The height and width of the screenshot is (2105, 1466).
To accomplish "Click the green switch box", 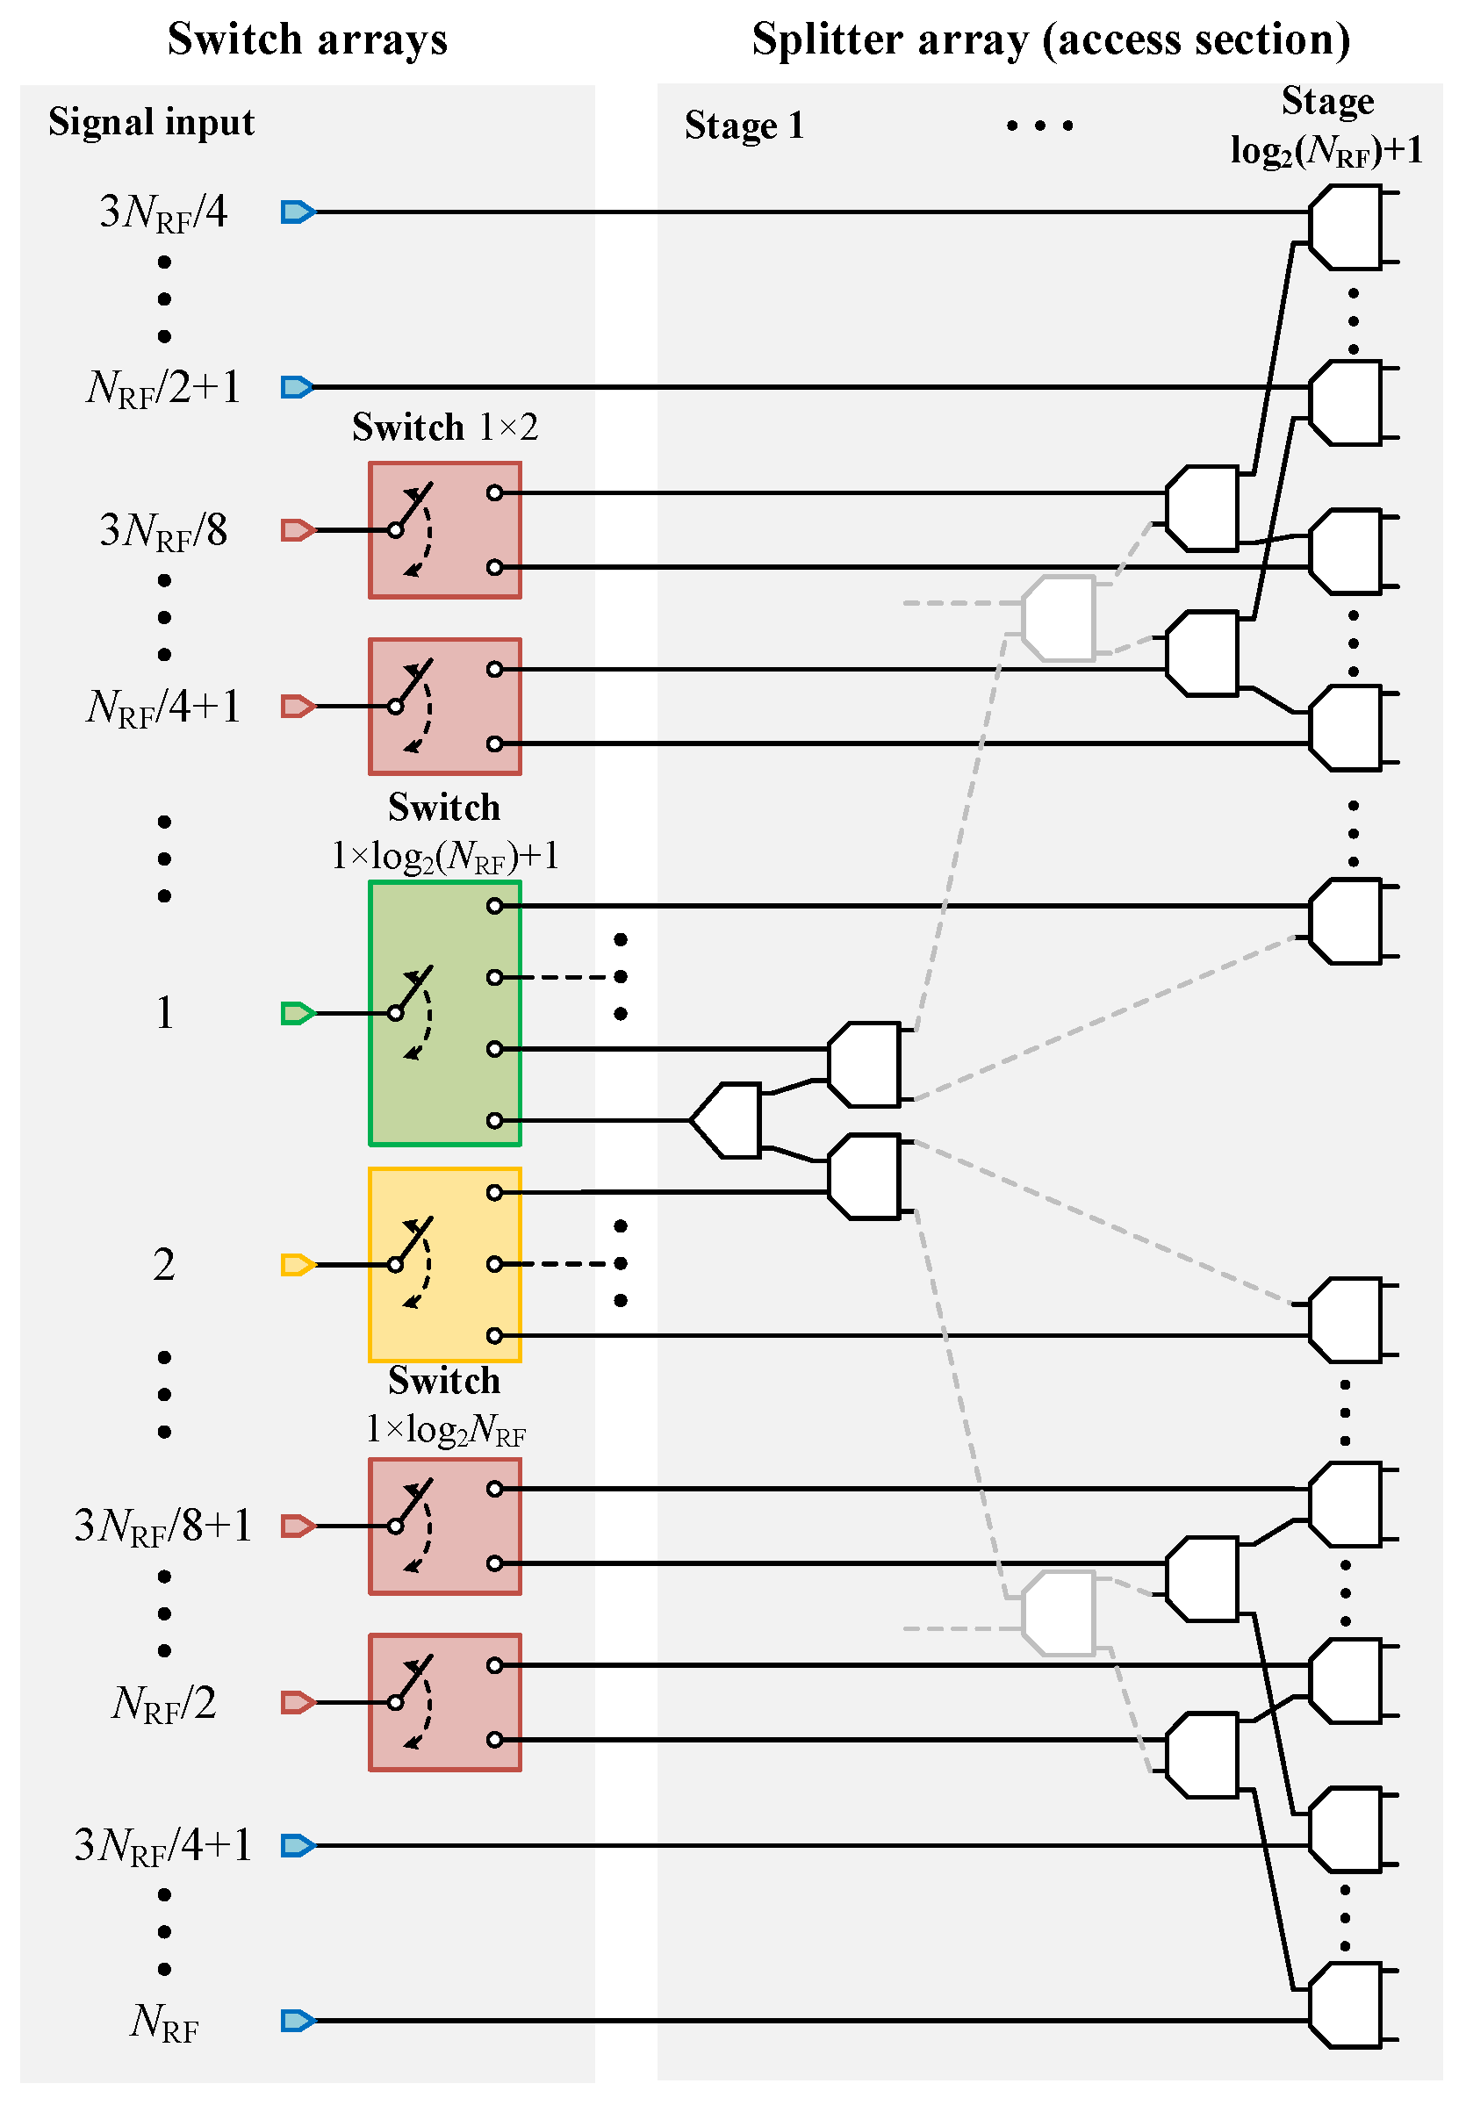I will click(445, 1013).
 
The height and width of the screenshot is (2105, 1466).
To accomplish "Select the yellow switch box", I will click(445, 1264).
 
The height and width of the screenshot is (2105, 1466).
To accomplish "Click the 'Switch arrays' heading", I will click(307, 40).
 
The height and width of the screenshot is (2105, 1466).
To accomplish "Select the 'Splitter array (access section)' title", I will click(1051, 40).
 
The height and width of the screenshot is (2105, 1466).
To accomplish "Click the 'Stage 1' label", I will click(744, 126).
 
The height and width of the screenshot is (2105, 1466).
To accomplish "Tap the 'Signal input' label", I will click(151, 122).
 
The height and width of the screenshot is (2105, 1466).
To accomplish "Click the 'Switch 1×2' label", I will click(445, 427).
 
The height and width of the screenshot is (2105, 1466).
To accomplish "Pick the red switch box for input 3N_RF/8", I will click(445, 530).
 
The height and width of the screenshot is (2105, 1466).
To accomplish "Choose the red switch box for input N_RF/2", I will click(445, 1701).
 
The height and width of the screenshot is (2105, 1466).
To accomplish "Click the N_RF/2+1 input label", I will click(163, 389).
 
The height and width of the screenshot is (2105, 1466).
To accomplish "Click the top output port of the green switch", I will click(494, 906).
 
